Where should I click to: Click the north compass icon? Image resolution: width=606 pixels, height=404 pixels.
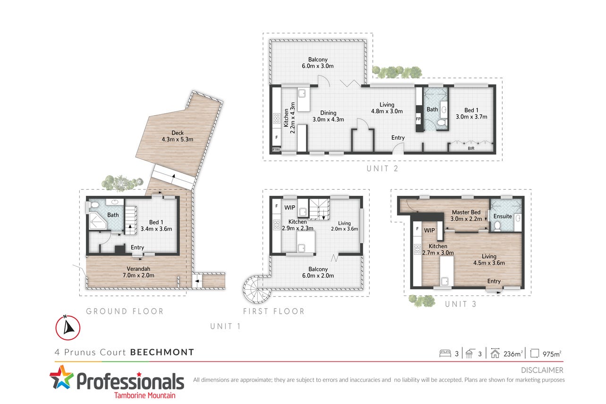tap(68, 328)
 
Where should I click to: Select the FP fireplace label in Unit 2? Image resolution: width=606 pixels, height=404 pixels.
tap(418, 119)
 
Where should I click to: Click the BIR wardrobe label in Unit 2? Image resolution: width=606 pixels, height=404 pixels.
tap(471, 149)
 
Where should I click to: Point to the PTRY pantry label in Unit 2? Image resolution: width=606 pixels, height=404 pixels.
tap(276, 149)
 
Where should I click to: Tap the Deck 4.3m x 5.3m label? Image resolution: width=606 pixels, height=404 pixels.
tap(177, 136)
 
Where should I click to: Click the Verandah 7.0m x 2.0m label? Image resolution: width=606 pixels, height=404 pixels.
tap(138, 272)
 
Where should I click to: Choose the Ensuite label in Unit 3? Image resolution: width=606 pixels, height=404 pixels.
tap(503, 216)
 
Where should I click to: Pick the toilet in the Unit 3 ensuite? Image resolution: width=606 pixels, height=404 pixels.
tap(497, 226)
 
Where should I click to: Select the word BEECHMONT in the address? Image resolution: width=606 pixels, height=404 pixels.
tap(162, 352)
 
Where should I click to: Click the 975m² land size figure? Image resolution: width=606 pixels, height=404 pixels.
tap(552, 353)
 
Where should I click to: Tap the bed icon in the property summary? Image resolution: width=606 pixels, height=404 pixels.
tap(445, 353)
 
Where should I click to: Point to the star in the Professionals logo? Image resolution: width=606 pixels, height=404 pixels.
tap(62, 377)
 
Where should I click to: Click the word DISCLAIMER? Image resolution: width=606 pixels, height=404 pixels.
tap(542, 370)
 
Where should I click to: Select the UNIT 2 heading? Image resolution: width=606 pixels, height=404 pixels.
tap(382, 168)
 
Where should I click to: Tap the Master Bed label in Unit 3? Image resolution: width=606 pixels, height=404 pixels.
tap(466, 212)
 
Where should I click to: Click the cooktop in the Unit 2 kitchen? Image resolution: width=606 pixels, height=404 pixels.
tap(277, 119)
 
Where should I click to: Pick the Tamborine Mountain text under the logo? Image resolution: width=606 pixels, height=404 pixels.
tap(145, 396)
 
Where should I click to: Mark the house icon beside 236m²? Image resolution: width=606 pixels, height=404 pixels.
tap(495, 353)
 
